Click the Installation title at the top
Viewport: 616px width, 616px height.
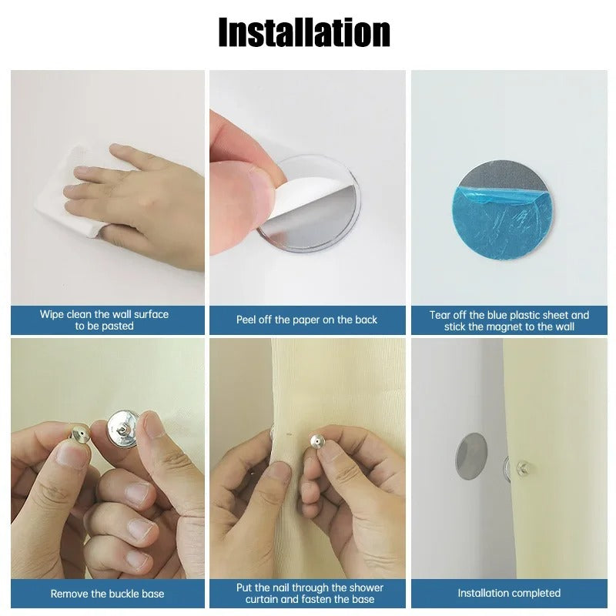(x=304, y=33)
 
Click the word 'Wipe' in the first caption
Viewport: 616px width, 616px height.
(x=52, y=314)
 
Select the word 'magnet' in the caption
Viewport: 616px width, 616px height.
(x=507, y=326)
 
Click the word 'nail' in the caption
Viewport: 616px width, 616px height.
(x=283, y=588)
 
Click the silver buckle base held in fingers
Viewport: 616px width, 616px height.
(x=122, y=423)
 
